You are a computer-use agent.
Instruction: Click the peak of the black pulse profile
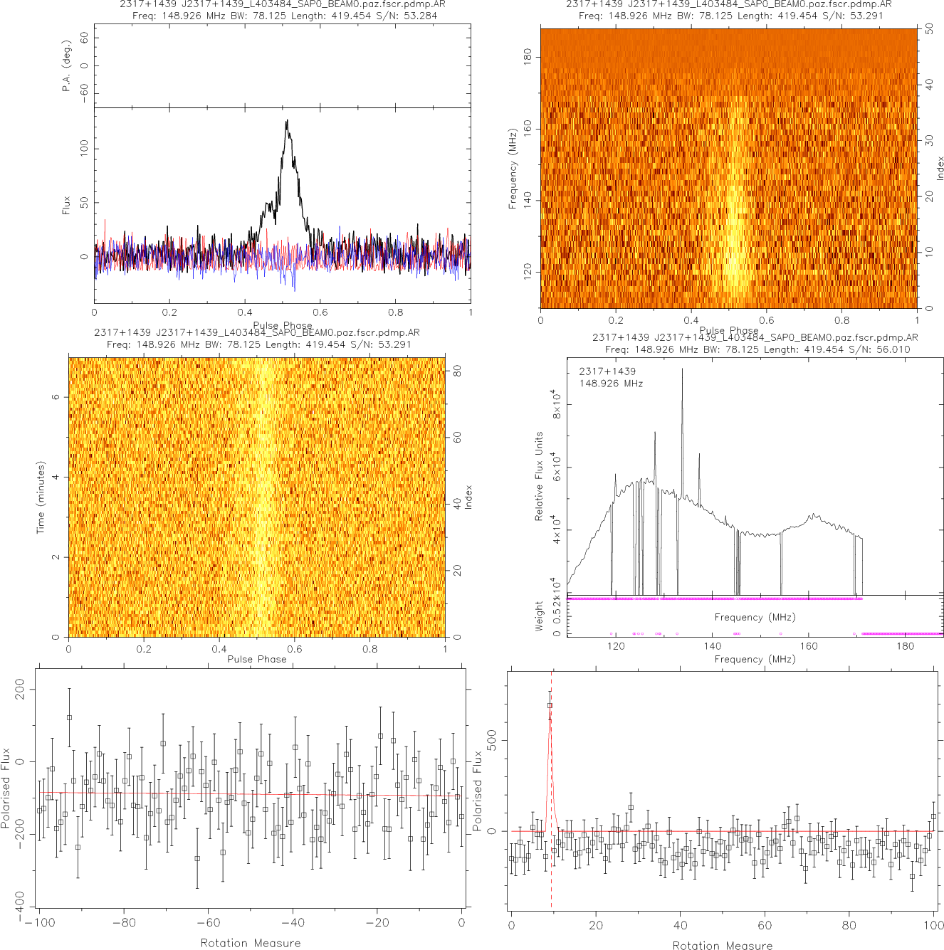click(x=287, y=121)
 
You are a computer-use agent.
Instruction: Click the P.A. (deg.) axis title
click(x=66, y=66)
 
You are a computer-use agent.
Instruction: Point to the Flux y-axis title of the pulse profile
click(x=66, y=206)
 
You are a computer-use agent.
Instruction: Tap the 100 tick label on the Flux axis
click(x=85, y=148)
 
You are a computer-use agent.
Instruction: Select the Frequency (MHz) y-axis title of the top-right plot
click(x=512, y=169)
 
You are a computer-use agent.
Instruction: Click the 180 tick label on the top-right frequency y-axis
click(x=528, y=56)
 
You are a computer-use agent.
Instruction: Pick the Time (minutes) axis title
click(x=41, y=497)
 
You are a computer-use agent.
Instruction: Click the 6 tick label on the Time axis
click(x=56, y=397)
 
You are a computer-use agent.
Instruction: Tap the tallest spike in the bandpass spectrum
click(x=682, y=370)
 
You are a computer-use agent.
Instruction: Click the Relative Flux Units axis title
click(x=539, y=475)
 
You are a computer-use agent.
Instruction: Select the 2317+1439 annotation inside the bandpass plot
click(x=607, y=371)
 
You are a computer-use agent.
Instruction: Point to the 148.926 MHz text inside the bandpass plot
click(x=611, y=384)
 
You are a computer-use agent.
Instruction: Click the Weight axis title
click(x=539, y=616)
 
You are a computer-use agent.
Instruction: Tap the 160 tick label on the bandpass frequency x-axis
click(x=809, y=646)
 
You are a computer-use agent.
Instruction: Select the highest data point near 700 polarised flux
click(x=550, y=705)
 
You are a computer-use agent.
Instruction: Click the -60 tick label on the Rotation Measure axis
click(x=208, y=923)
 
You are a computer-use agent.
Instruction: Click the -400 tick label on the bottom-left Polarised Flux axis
click(x=19, y=900)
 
